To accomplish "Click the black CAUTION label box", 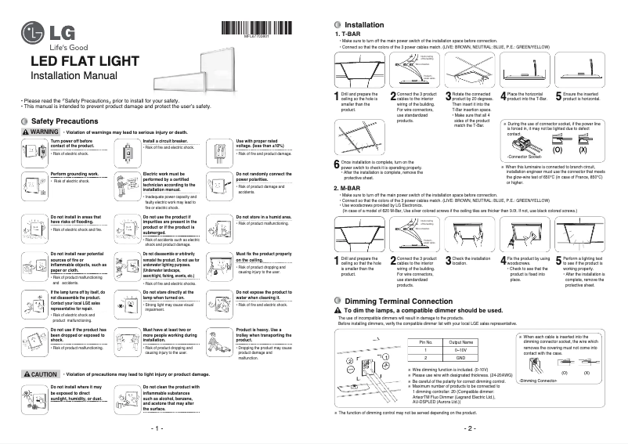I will [41, 374].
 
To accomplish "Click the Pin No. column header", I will [426, 342].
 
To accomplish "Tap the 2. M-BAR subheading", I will [348, 188].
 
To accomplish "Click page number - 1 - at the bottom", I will [157, 430].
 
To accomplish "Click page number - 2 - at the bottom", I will [470, 430].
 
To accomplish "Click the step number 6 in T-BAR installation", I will [337, 163].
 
